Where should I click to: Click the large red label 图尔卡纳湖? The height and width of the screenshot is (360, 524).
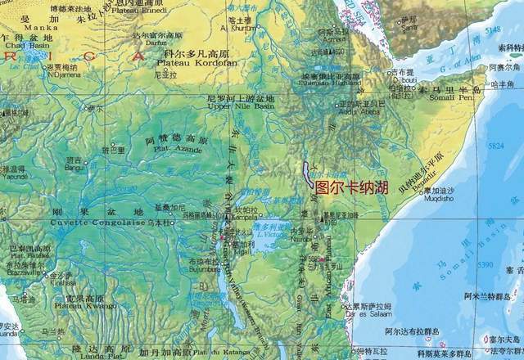click(x=351, y=187)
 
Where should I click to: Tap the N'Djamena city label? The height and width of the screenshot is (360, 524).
click(x=58, y=74)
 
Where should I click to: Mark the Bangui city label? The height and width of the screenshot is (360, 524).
click(x=75, y=167)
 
